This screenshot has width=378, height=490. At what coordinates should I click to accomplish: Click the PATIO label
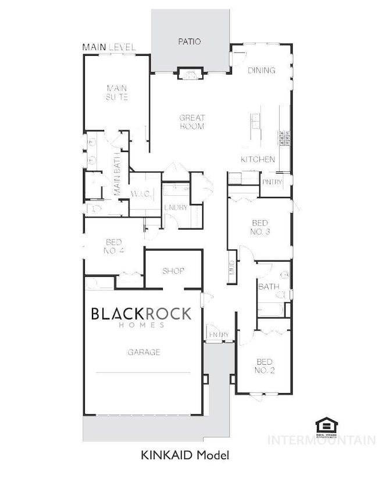[190, 41]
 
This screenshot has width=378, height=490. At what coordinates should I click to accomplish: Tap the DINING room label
[261, 70]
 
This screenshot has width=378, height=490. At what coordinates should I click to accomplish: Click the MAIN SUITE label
[116, 93]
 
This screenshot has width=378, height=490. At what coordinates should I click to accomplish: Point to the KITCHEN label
[258, 159]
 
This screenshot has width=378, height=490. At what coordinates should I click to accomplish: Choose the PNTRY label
[272, 182]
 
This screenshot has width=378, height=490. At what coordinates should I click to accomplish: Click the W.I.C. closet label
[141, 194]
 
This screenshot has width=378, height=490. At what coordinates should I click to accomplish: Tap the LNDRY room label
[175, 207]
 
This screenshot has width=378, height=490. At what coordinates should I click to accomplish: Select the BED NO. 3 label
[260, 228]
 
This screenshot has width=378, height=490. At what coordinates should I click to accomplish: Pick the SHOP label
[173, 271]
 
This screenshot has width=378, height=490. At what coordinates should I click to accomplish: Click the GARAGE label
[144, 352]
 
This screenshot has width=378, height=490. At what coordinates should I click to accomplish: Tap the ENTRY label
[219, 334]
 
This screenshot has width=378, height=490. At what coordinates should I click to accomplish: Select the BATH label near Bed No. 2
[269, 287]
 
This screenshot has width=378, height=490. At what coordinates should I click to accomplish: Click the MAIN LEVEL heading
[109, 47]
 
